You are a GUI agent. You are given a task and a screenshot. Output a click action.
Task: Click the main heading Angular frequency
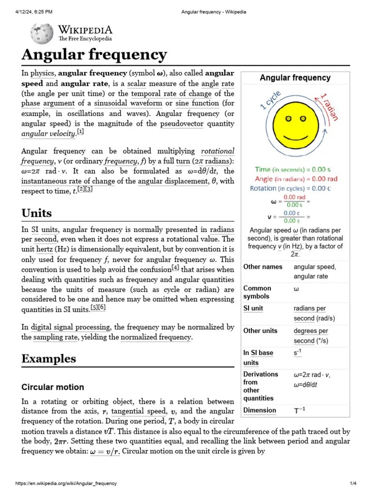(x=94, y=55)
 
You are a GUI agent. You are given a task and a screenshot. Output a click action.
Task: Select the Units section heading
(x=37, y=213)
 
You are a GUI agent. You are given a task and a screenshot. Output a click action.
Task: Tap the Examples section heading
(x=49, y=358)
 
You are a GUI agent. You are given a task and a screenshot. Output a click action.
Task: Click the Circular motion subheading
(x=53, y=387)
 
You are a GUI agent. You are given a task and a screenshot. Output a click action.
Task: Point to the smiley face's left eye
(x=289, y=118)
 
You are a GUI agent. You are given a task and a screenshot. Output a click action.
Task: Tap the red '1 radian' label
(x=327, y=106)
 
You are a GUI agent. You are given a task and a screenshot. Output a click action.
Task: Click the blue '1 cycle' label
(x=270, y=101)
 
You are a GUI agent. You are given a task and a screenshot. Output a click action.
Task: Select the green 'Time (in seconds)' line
(x=293, y=169)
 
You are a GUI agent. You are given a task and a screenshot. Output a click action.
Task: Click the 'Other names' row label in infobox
(x=263, y=267)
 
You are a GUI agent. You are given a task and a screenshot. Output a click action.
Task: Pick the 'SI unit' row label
(x=253, y=308)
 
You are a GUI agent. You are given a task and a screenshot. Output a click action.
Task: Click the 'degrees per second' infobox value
(x=310, y=335)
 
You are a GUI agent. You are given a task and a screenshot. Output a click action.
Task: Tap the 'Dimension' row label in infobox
(x=260, y=410)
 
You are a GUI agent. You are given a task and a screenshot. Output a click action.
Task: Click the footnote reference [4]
(x=175, y=267)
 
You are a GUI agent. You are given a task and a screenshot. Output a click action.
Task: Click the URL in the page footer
(x=66, y=483)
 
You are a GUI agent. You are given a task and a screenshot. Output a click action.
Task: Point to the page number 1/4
(x=353, y=483)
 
